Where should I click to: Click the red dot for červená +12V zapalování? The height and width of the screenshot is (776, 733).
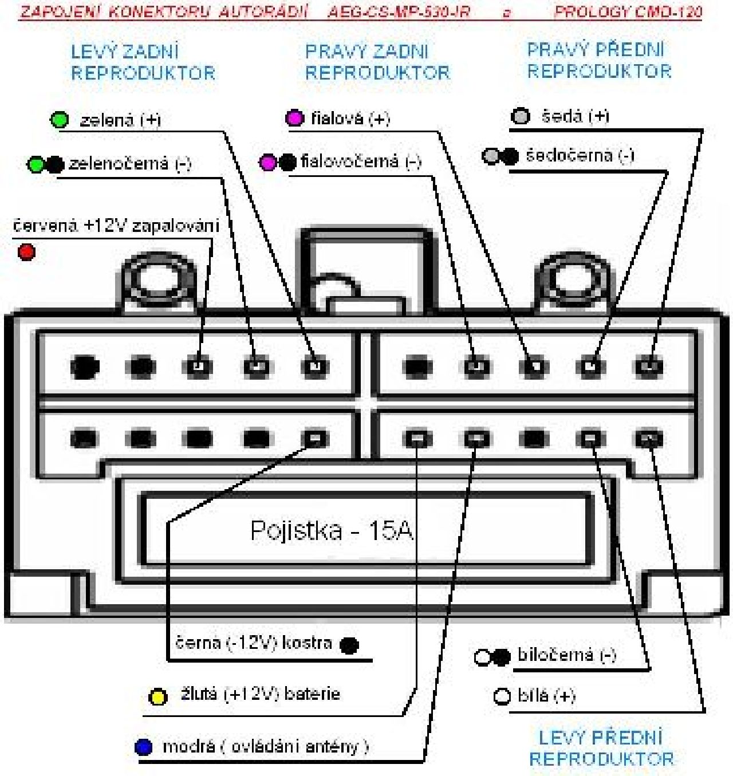click(x=26, y=252)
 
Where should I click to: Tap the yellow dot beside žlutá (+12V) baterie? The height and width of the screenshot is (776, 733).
click(x=157, y=697)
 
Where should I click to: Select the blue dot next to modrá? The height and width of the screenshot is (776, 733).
click(x=143, y=747)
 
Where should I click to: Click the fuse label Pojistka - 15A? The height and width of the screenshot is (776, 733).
click(x=332, y=530)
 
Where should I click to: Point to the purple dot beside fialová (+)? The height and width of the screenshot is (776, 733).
click(x=295, y=118)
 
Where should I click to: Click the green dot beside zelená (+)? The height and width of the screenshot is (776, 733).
click(x=59, y=120)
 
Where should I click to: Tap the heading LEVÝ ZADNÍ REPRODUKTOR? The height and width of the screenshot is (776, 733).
click(x=143, y=62)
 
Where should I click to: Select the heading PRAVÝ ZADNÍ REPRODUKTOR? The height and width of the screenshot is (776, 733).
click(x=377, y=62)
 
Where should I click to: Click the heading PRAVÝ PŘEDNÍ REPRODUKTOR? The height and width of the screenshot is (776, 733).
click(x=599, y=60)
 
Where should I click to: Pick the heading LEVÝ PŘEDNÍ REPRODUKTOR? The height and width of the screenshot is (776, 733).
click(x=601, y=748)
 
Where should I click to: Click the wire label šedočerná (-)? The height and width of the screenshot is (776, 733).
click(x=580, y=155)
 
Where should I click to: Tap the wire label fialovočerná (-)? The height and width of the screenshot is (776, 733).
click(x=361, y=161)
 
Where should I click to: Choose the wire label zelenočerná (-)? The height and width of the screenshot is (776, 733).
click(x=130, y=164)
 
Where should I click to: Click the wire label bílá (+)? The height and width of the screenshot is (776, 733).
click(x=546, y=696)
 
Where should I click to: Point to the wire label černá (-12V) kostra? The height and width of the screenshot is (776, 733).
click(x=254, y=643)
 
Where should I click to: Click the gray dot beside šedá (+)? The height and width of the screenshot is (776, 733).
click(x=521, y=117)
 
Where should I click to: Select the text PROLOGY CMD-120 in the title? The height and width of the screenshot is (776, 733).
click(x=628, y=12)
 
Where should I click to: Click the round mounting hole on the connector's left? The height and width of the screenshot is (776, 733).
click(x=156, y=281)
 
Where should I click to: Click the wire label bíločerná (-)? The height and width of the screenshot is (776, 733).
click(x=566, y=655)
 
